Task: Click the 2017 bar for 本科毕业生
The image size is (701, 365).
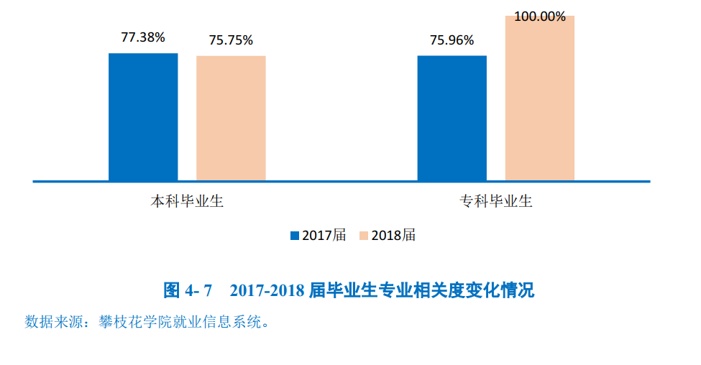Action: (143, 116)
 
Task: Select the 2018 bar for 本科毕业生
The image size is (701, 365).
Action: (231, 118)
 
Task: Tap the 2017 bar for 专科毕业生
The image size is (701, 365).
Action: (452, 118)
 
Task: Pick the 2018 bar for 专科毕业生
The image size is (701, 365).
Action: (539, 98)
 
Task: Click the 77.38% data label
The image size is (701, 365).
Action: (142, 38)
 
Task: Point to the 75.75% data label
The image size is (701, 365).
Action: (231, 40)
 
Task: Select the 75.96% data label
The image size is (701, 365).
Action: (452, 40)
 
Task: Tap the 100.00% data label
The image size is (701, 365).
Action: (539, 16)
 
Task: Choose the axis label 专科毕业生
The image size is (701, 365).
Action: (496, 201)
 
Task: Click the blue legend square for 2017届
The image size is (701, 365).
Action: (294, 236)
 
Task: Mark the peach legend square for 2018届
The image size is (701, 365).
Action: (364, 236)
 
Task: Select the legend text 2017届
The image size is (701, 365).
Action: (324, 236)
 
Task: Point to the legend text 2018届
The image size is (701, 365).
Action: (394, 236)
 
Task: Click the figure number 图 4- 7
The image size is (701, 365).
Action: (188, 291)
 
